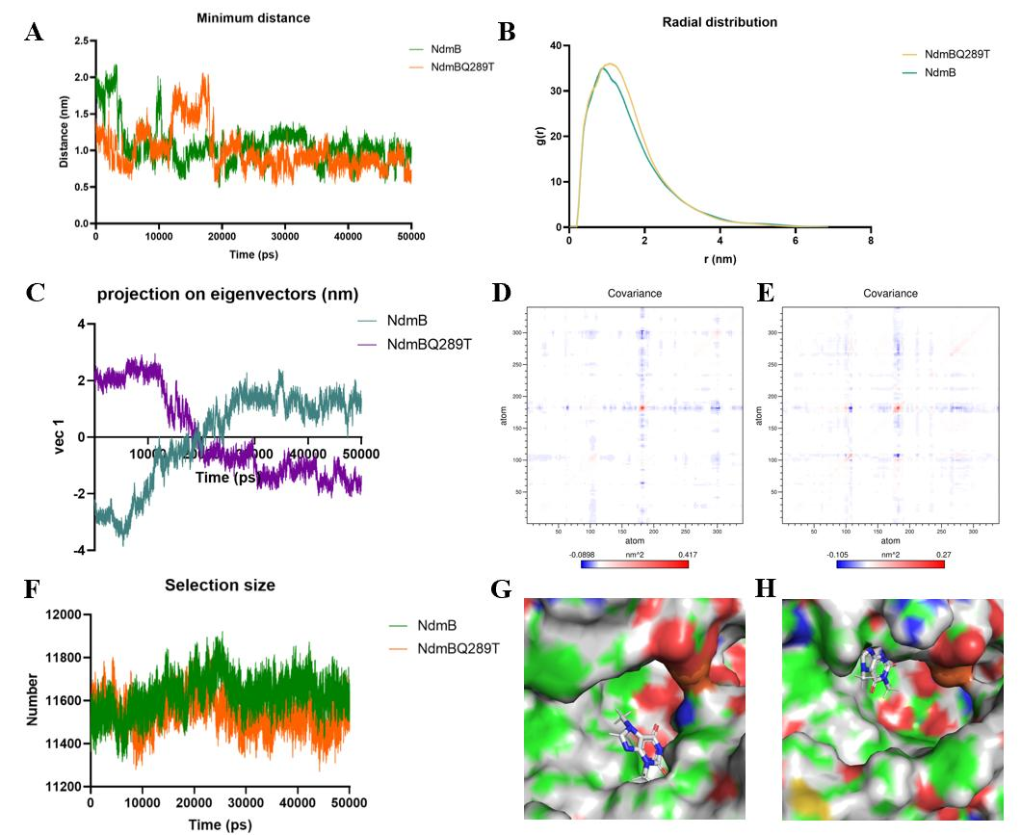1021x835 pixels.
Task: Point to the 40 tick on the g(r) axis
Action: tap(554, 45)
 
